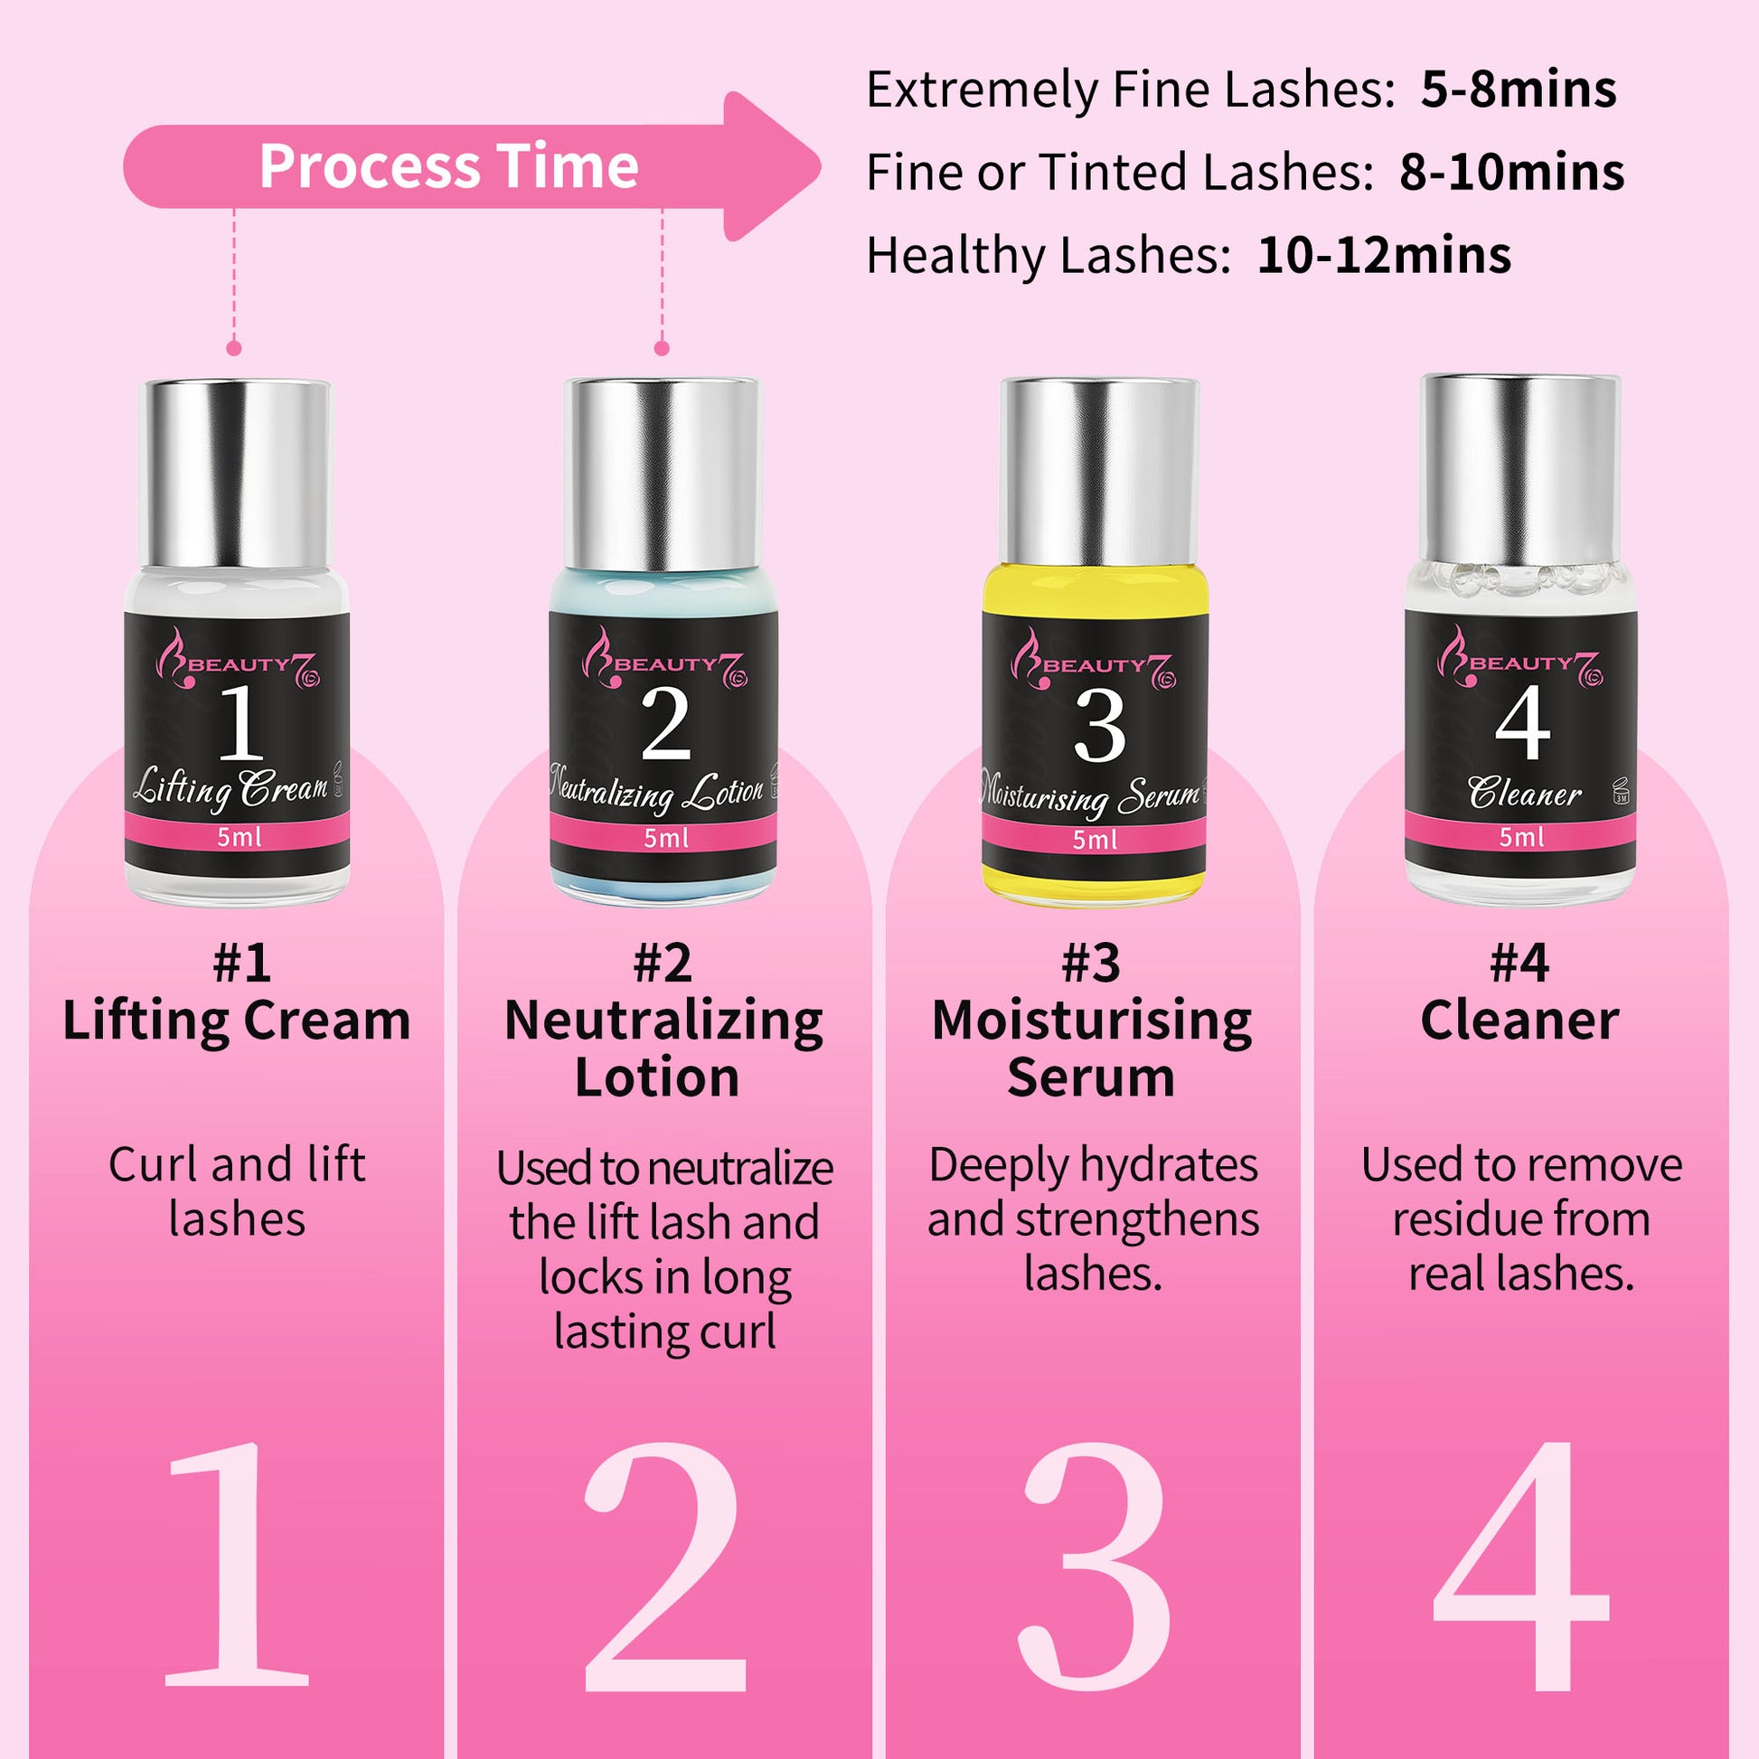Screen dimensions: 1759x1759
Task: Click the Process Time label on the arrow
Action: pos(449,166)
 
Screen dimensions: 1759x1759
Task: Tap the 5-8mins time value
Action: pos(1519,89)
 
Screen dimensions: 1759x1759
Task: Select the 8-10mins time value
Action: pos(1511,172)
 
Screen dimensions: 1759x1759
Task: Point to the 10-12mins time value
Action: pos(1384,255)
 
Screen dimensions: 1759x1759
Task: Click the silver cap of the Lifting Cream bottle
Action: pos(234,474)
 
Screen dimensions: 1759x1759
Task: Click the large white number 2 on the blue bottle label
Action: pos(665,724)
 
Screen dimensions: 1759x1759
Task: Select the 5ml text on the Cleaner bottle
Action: pos(1521,836)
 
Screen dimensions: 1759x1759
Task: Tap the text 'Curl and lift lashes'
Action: pos(237,1190)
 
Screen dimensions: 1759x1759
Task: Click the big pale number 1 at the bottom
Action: pos(236,1565)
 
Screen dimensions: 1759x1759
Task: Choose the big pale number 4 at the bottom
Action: pos(1521,1566)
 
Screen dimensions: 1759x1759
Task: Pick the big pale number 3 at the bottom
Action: pos(1095,1566)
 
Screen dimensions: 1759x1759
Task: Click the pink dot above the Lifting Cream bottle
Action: pos(234,348)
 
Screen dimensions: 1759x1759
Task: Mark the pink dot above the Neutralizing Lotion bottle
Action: pos(662,348)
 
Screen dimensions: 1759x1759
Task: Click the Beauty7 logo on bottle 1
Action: pos(238,659)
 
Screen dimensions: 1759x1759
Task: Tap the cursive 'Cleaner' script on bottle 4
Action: pos(1524,791)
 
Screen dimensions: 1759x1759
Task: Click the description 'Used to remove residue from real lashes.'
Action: pos(1521,1218)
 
